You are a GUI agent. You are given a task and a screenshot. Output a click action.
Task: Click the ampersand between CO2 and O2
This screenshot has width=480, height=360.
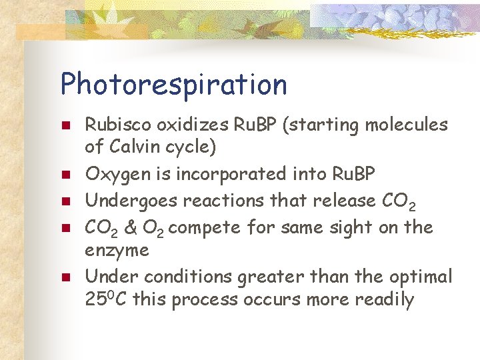pyautogui.click(x=131, y=227)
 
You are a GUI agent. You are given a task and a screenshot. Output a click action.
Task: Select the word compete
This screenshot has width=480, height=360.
pyautogui.click(x=208, y=228)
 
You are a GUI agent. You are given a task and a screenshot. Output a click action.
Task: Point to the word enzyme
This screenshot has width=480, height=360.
pyautogui.click(x=117, y=251)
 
